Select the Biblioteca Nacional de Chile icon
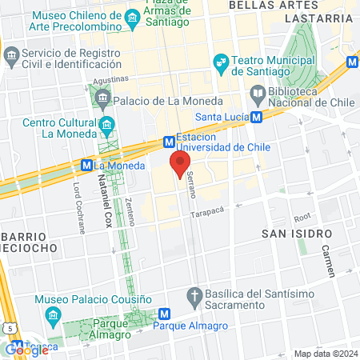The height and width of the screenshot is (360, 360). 258,95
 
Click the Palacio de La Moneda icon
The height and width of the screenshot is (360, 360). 102,100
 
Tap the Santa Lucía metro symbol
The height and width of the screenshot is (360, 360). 256,117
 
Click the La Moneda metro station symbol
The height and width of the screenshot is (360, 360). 86,166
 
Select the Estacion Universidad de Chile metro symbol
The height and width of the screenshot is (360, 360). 169,142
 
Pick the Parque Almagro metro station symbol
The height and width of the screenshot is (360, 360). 164,314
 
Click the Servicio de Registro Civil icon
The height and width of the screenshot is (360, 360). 11,55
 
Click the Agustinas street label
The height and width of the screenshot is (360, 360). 110,79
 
